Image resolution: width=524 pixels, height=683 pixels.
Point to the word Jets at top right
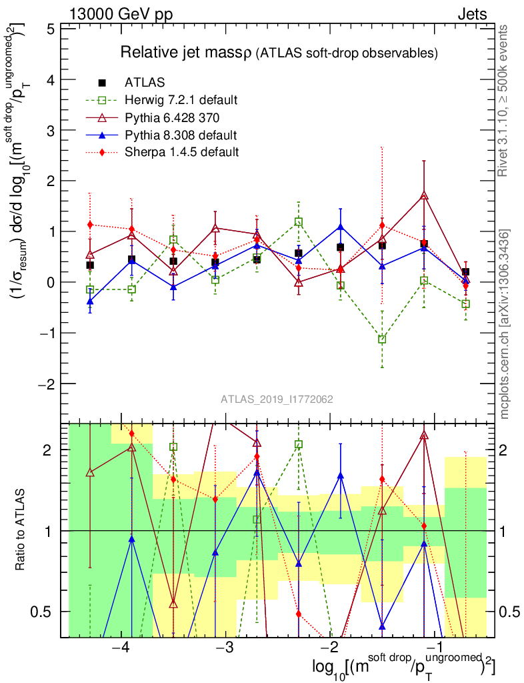[472, 14]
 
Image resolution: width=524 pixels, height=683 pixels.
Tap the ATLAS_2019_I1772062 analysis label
[277, 400]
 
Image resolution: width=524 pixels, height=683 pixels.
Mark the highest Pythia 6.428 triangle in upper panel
[424, 196]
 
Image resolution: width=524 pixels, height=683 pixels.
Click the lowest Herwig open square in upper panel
[382, 339]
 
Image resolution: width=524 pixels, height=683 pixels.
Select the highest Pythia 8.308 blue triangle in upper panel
[341, 227]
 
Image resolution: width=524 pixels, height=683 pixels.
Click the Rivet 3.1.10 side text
[504, 101]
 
